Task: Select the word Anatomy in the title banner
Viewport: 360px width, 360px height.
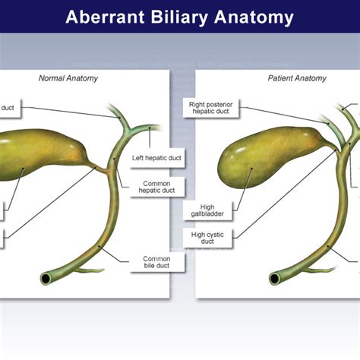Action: [254, 17]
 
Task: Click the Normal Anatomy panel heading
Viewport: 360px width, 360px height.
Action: [68, 77]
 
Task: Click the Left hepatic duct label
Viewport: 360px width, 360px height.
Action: [156, 159]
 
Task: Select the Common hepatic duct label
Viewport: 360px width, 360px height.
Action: [158, 187]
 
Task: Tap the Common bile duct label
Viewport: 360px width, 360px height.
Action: [156, 263]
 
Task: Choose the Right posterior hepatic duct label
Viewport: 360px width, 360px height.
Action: [211, 107]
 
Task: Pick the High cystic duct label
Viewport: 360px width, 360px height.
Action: [207, 238]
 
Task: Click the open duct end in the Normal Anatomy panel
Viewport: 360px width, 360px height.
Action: [47, 279]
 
